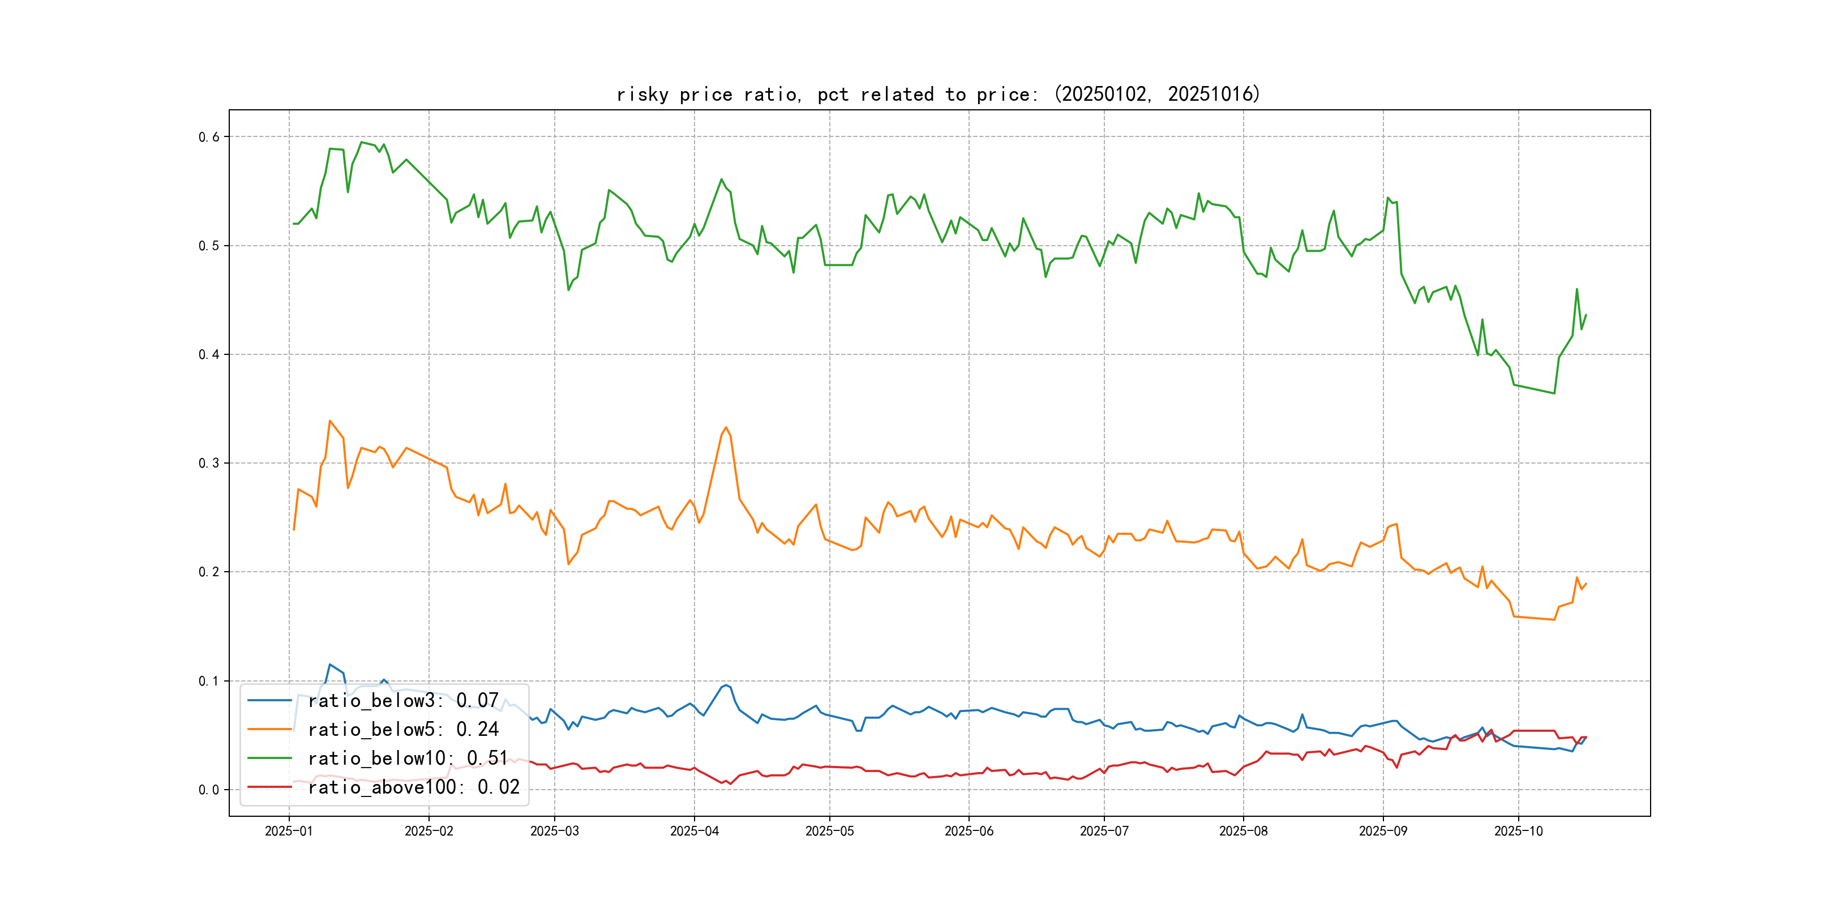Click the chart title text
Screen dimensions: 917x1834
coord(937,94)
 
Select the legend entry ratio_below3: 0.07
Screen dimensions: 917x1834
coord(403,701)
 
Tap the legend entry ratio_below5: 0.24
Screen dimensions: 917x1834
coord(403,729)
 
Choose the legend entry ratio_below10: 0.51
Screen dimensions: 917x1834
coord(408,759)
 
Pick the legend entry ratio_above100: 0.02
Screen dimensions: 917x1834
coord(414,787)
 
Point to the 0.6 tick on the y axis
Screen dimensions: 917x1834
coord(209,136)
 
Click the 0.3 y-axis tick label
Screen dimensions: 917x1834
coord(209,463)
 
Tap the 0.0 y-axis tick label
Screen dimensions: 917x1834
coord(209,790)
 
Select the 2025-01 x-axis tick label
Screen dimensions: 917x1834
coord(288,831)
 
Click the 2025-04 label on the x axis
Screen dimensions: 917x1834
coord(694,831)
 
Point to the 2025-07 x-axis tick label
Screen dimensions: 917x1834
coord(1104,831)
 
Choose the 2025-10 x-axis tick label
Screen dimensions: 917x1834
coord(1518,831)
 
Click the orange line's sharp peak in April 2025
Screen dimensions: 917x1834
coord(726,427)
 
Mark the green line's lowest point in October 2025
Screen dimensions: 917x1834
coord(1554,393)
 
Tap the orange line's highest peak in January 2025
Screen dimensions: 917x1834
coord(329,421)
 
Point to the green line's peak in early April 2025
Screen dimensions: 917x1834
coord(721,179)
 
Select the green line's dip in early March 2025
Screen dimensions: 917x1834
coord(568,290)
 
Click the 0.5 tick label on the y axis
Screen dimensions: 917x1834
coord(209,246)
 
